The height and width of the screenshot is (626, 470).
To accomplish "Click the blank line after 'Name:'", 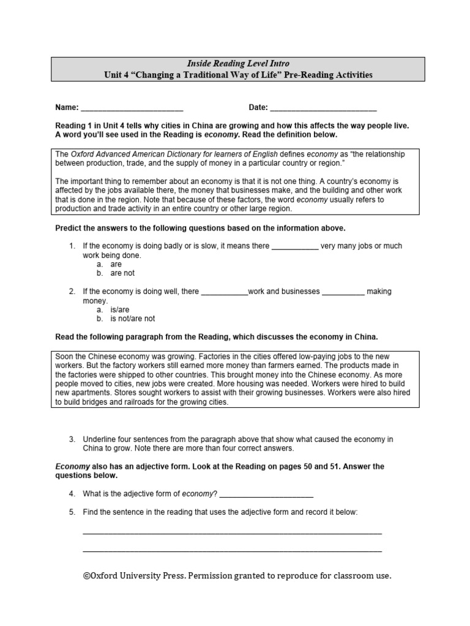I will [x=132, y=108].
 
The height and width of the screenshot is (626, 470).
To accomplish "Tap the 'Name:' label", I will [x=67, y=108].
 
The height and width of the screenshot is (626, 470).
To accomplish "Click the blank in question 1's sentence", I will [x=294, y=247].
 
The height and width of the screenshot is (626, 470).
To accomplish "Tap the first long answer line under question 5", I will [x=232, y=532].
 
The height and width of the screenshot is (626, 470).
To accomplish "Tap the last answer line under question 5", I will [x=232, y=550].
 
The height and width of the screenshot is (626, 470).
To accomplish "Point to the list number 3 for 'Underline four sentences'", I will [x=72, y=440].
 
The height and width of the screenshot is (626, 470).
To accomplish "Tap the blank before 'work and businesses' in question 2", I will [x=224, y=292].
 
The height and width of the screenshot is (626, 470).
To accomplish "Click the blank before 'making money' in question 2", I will [x=343, y=292].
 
